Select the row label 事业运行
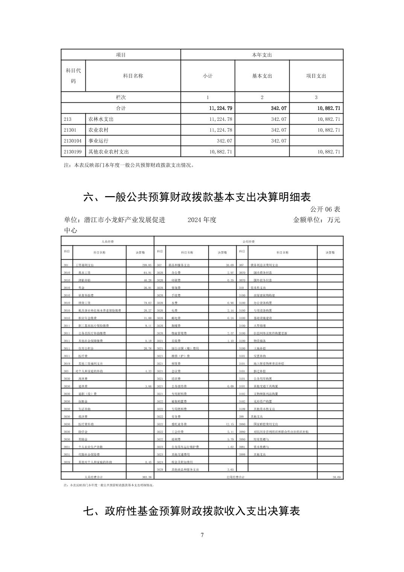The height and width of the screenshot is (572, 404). [x=98, y=141]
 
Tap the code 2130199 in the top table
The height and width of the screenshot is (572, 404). [x=73, y=152]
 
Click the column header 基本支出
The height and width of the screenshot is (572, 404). [x=262, y=76]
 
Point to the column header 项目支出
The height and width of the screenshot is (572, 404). [x=316, y=76]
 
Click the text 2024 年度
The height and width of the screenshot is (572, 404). [x=202, y=220]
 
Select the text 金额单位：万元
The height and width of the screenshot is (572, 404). [x=316, y=220]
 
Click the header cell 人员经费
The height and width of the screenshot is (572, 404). [x=108, y=241]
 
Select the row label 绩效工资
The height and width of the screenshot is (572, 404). [x=84, y=303]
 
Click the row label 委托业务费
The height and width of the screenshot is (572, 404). [x=179, y=424]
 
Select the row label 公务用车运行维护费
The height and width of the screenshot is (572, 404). [x=185, y=447]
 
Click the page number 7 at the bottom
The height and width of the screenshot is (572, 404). [x=202, y=535]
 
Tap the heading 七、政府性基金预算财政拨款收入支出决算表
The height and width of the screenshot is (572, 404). [x=191, y=511]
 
